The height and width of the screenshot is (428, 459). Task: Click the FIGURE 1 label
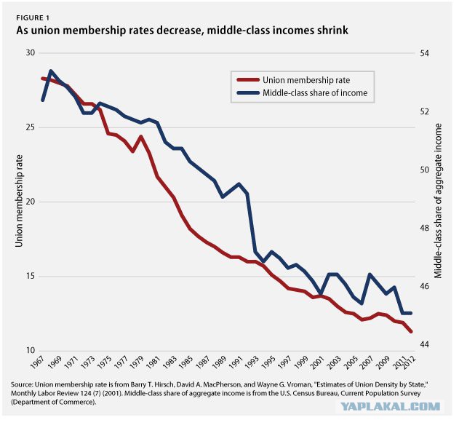click(x=33, y=18)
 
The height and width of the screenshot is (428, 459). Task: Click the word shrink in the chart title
click(x=332, y=30)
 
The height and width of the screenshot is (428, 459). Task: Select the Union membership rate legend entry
click(x=293, y=80)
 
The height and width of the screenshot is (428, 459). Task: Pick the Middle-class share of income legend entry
click(x=302, y=93)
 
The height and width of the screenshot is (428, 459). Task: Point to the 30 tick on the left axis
click(x=30, y=52)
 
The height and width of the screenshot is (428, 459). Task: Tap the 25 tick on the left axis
click(x=30, y=127)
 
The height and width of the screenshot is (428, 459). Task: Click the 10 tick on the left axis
click(x=30, y=350)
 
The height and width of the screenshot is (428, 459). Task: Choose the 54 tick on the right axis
click(x=424, y=54)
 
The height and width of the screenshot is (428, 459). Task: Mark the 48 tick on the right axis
click(x=424, y=228)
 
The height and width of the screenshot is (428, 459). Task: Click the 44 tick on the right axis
click(x=424, y=344)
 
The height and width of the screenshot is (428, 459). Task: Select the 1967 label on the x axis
click(x=37, y=363)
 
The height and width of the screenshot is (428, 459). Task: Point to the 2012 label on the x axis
click(x=409, y=363)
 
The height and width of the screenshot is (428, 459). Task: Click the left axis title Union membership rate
click(x=19, y=201)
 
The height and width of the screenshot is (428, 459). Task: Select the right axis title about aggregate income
click(x=438, y=201)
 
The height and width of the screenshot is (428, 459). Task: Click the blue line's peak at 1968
click(x=51, y=71)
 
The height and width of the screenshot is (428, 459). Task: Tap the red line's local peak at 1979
click(x=141, y=136)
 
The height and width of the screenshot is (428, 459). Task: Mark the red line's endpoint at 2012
click(x=411, y=331)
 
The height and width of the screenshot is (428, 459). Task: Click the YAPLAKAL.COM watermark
click(x=391, y=406)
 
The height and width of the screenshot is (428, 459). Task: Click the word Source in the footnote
click(x=22, y=384)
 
